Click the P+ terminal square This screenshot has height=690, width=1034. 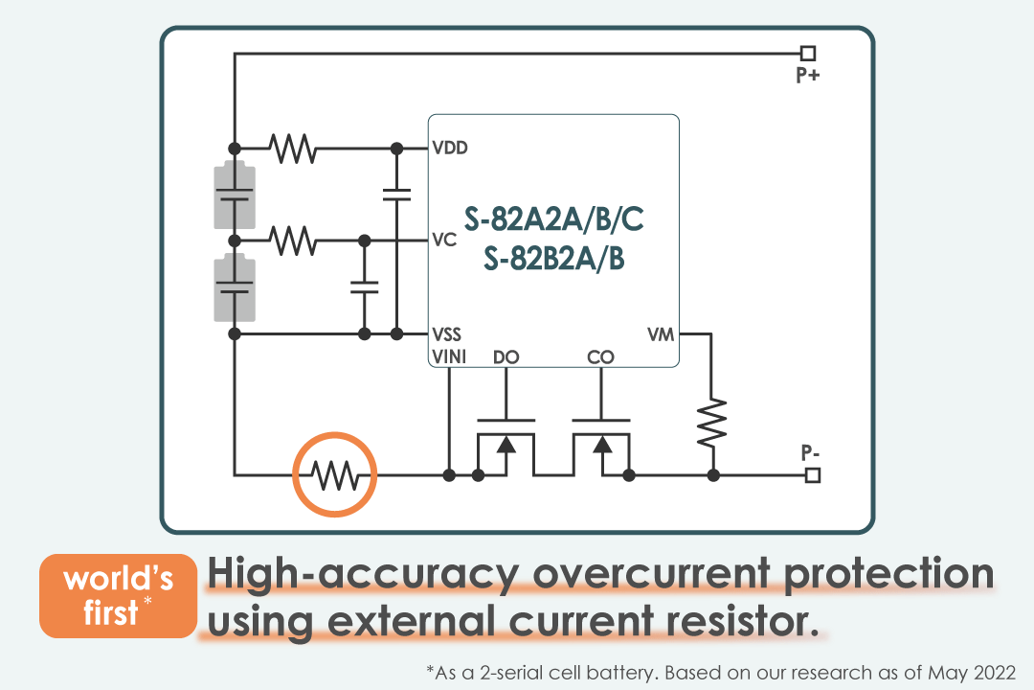click(x=808, y=54)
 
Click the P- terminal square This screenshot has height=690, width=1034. click(x=813, y=474)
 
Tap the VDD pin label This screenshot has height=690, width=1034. click(x=450, y=149)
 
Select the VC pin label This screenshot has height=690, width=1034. click(x=444, y=240)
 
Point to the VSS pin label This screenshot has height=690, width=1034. click(x=447, y=334)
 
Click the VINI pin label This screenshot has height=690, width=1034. click(x=449, y=357)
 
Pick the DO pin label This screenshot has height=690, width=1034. click(x=506, y=357)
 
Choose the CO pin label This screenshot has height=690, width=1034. click(x=600, y=357)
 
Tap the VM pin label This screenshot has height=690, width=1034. click(x=661, y=334)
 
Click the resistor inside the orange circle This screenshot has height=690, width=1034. click(x=335, y=474)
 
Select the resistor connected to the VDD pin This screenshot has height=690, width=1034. click(x=293, y=149)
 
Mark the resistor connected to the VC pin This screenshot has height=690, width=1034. click(x=293, y=240)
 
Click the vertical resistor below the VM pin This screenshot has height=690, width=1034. click(x=711, y=422)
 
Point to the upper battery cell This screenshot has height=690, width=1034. click(x=235, y=195)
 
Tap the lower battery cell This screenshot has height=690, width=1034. click(x=235, y=287)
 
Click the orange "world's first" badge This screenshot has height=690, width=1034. click(x=118, y=596)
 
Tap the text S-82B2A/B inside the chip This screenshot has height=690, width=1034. click(x=554, y=259)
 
